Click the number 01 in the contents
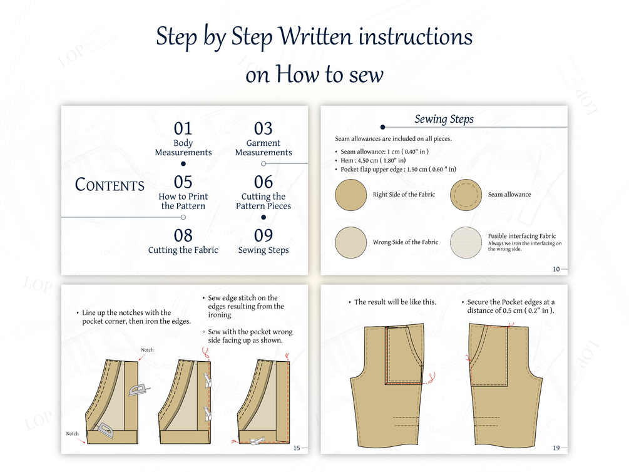coord(183,129)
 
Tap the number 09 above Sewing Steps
coord(263,235)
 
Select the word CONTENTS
coord(110,185)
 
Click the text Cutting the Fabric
coord(183,250)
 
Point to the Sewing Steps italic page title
coord(444,119)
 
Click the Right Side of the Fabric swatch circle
coord(350,195)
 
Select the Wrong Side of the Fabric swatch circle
coord(350,242)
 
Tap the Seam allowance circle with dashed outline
coord(466,195)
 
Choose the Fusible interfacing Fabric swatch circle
coord(466,242)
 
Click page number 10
coord(556,269)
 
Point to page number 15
coord(297,448)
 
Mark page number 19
coord(556,448)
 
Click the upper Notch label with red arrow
coord(147,350)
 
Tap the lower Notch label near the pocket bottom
coord(72,433)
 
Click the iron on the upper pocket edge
coord(138,390)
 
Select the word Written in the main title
coord(315,36)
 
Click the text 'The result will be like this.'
coord(395,302)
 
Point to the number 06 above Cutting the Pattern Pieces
coord(263,182)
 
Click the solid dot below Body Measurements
coord(183,164)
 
